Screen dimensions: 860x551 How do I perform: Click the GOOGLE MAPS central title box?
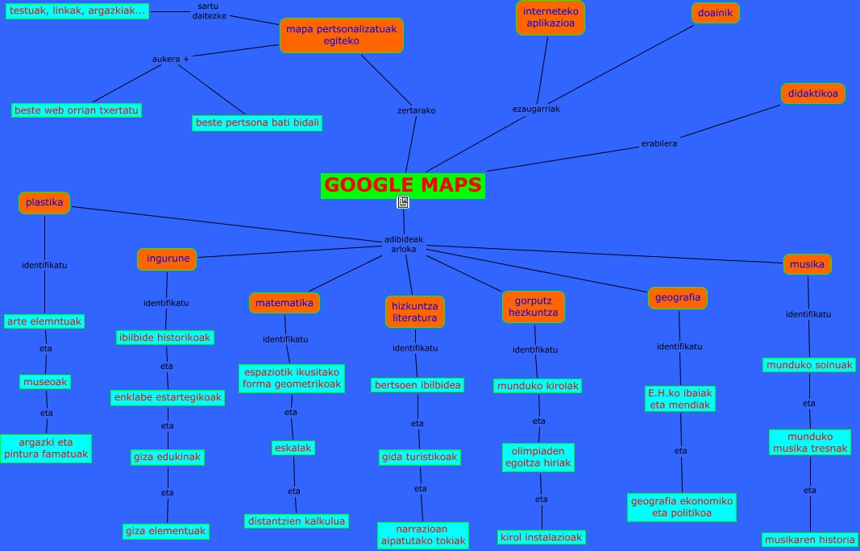(x=402, y=185)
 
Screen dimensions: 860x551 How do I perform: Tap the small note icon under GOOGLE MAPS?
(x=403, y=202)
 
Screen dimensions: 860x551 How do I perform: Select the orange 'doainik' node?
(x=715, y=13)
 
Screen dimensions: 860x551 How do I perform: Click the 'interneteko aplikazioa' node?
(x=550, y=18)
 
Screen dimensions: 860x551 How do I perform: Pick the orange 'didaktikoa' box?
(x=812, y=93)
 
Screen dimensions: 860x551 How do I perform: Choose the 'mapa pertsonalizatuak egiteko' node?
(x=341, y=35)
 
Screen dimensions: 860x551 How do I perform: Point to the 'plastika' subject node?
(x=44, y=202)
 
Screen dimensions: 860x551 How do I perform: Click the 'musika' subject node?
(x=807, y=264)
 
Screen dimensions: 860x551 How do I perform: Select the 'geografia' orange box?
(x=678, y=298)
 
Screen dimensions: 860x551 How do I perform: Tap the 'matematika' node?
(x=285, y=303)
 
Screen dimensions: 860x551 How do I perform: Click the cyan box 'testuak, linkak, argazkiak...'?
(x=77, y=10)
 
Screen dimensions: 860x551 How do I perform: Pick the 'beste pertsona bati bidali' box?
(x=258, y=123)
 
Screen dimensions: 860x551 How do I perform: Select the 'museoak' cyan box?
(x=45, y=381)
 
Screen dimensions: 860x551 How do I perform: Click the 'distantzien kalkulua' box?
(x=296, y=521)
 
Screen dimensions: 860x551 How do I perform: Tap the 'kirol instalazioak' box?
(x=541, y=536)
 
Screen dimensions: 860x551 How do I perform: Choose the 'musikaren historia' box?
(x=809, y=540)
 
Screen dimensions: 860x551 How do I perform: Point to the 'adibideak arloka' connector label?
(x=403, y=244)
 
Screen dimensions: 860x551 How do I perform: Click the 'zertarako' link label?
(x=416, y=110)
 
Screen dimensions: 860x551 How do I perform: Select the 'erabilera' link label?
(x=659, y=143)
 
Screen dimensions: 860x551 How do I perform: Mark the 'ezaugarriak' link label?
(x=536, y=109)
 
